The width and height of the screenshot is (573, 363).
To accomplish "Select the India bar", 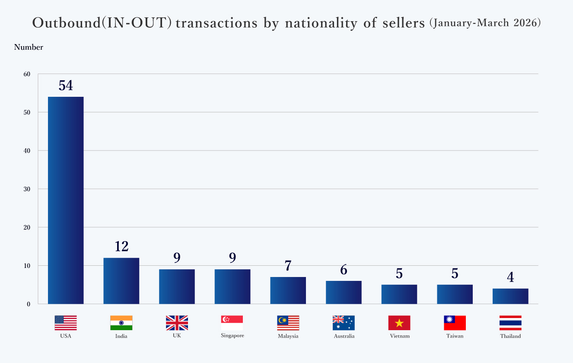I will tap(121, 281).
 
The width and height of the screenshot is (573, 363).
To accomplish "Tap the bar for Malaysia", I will tap(288, 290).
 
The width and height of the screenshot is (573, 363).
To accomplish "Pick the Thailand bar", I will tap(510, 296).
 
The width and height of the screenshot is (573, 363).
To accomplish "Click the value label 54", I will tap(66, 86).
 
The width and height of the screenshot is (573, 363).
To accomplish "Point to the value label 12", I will tap(121, 247).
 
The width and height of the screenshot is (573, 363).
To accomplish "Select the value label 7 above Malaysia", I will tap(288, 266).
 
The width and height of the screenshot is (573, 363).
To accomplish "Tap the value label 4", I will tap(510, 277).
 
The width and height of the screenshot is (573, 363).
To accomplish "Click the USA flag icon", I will tap(66, 323).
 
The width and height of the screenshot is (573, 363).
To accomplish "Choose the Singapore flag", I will tap(232, 323).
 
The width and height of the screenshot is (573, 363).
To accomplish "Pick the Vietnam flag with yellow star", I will tap(399, 323).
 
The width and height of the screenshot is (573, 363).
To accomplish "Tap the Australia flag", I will tap(344, 323).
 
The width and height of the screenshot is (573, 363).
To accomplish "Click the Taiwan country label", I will tap(455, 336).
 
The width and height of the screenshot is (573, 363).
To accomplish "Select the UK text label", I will tap(177, 336).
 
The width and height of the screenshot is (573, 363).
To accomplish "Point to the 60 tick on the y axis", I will tap(27, 74).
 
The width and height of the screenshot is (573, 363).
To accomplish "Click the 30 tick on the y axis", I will tap(27, 189).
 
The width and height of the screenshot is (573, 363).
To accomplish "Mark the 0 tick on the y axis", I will tap(29, 304).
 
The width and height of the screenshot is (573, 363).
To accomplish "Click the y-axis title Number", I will tap(29, 48).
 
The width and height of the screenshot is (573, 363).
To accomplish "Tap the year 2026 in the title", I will tap(527, 23).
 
